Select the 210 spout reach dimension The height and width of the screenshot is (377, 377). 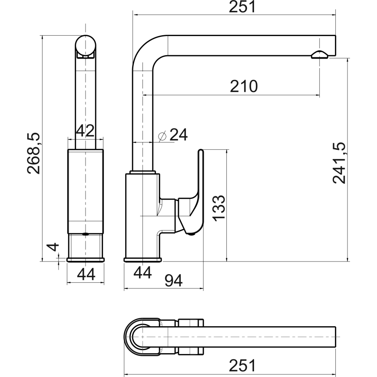pos(244,86)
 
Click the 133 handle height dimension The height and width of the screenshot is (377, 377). pos(219,208)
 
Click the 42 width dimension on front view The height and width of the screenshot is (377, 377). pos(85,130)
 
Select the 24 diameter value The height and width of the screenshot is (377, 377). pos(178,135)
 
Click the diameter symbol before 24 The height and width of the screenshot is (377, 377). pos(162,136)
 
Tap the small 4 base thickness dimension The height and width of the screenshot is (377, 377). pos(53,247)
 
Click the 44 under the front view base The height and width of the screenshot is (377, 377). pos(86,274)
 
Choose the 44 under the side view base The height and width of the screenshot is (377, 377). pos(142,273)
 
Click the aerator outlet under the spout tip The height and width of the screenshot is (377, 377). pos(320,54)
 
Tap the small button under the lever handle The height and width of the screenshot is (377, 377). pos(192,235)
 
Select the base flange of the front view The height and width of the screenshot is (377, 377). pos(86,260)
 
